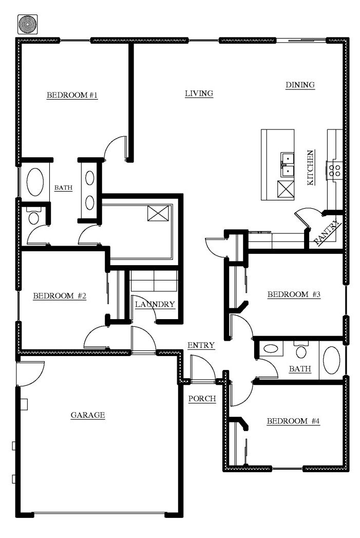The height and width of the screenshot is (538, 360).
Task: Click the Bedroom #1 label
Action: [72, 95]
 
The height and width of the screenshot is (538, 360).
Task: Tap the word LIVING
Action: [199, 94]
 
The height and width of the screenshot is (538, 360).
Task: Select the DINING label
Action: [300, 85]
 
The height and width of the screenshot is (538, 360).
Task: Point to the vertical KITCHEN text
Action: [310, 168]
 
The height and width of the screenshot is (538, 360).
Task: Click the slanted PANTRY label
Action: [328, 232]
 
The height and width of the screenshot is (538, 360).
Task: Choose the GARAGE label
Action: [88, 415]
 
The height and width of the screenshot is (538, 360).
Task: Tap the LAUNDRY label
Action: [155, 304]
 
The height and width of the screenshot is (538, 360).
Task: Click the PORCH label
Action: [202, 399]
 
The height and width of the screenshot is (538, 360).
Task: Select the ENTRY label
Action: [201, 345]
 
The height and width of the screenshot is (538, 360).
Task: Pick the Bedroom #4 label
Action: [293, 421]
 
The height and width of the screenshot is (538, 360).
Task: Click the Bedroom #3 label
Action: [294, 294]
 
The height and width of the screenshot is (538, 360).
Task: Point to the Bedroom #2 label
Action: [60, 296]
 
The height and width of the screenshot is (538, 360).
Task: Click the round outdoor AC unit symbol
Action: [27, 24]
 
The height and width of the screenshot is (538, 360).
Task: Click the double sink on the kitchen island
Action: [287, 164]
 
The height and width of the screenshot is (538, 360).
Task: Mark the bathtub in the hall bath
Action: [331, 360]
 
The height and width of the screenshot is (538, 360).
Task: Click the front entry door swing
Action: [203, 367]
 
